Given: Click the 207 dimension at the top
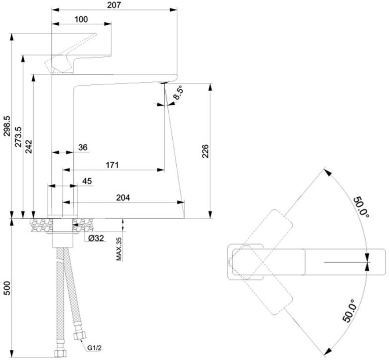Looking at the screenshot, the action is [x=114, y=5].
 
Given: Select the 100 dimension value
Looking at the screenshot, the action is [x=81, y=19].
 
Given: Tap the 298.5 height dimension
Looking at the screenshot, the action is [x=7, y=126].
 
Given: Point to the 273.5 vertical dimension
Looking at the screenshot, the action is [x=18, y=136].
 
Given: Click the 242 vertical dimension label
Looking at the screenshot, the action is [x=29, y=146].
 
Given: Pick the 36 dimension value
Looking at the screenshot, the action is [x=83, y=147].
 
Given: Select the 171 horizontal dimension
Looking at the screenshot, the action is [x=112, y=165].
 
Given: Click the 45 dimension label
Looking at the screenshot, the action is [x=87, y=181].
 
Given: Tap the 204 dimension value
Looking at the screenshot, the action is [x=123, y=197].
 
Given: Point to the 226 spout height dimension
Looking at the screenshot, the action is [x=205, y=151].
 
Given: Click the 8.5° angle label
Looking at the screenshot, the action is [x=178, y=93].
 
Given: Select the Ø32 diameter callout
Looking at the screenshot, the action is [x=96, y=238].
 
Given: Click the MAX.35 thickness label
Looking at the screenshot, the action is [x=119, y=249].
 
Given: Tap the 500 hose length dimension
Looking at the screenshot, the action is [x=7, y=288].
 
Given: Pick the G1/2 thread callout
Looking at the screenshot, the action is [x=94, y=348].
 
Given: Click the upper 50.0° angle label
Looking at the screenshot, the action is [x=361, y=207].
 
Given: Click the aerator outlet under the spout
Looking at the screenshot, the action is [x=163, y=82].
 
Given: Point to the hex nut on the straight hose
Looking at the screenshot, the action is [x=61, y=353].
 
